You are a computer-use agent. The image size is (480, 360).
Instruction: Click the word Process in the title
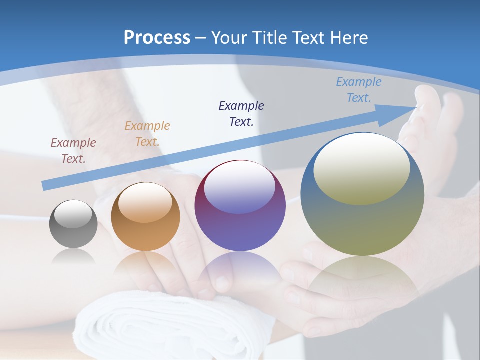tap(157, 38)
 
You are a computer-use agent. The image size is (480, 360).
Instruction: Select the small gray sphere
tap(73, 224)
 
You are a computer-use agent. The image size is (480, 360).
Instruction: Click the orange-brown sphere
tap(145, 216)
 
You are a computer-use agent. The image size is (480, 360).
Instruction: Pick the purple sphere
tap(240, 205)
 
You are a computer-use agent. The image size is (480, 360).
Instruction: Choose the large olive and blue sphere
tap(362, 194)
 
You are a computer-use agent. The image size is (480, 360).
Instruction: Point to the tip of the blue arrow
tap(416, 107)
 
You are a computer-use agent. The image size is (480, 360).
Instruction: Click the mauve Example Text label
tap(73, 150)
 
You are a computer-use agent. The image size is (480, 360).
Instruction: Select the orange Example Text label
tap(147, 133)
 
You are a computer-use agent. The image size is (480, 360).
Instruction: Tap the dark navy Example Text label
tap(241, 113)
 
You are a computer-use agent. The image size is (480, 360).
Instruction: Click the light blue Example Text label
tap(359, 89)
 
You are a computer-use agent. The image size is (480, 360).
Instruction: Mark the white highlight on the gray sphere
tap(73, 214)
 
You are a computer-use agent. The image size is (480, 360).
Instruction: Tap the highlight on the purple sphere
tap(240, 187)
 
